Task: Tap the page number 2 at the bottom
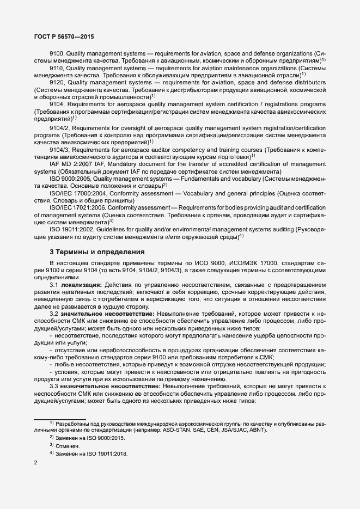[x=36, y=463]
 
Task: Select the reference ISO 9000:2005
[x=69, y=178]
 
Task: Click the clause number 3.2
[x=54, y=314]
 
